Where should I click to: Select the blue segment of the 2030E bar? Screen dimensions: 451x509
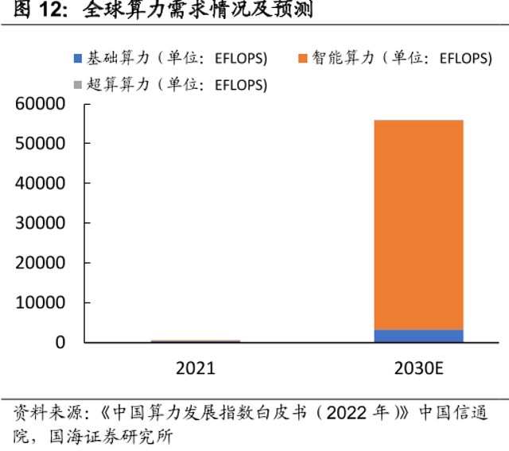[418, 336]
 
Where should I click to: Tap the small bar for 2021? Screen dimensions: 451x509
[196, 341]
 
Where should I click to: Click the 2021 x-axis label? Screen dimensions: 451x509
[196, 369]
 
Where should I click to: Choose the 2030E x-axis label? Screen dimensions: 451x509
[418, 369]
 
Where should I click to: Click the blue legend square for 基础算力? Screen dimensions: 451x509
[77, 59]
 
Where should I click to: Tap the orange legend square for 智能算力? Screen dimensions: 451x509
[302, 59]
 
